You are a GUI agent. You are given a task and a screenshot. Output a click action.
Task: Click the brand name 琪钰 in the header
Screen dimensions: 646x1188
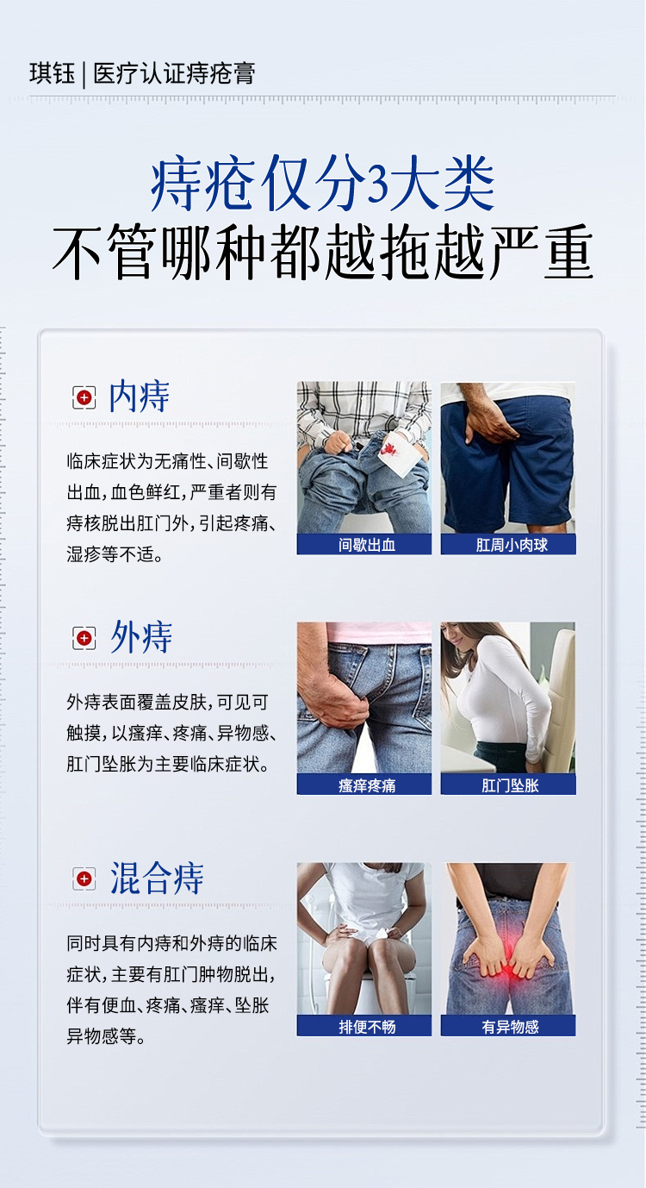point(52,73)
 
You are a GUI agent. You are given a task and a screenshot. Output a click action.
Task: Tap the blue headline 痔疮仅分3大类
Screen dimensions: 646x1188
point(323,184)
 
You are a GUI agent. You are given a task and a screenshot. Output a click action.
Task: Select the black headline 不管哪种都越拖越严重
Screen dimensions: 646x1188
point(323,253)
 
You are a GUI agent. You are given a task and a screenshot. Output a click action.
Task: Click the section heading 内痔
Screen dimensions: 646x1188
point(139,397)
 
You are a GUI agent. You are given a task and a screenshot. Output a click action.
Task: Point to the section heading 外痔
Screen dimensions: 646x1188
point(141,637)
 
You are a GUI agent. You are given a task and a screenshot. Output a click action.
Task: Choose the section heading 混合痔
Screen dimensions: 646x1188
point(157,878)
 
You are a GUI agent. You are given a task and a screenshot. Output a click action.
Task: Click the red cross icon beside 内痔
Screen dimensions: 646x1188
point(84,397)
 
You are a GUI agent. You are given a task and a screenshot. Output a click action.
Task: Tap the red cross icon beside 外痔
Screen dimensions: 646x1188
point(84,639)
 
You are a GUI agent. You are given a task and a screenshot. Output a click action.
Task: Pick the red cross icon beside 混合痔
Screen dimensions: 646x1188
point(84,879)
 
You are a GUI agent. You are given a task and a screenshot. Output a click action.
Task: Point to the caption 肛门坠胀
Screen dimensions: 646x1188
point(510,785)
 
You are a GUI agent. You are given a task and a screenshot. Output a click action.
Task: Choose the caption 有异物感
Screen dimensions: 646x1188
point(510,1027)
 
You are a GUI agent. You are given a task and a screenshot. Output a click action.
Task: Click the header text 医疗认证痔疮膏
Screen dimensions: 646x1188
point(174,73)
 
